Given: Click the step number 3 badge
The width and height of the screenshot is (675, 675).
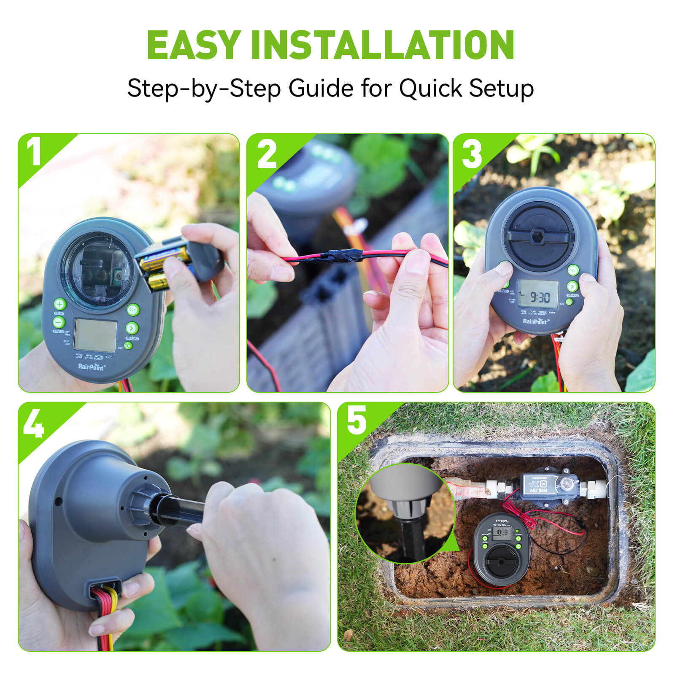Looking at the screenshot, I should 472,154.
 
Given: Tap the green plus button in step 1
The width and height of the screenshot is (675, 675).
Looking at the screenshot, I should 59,304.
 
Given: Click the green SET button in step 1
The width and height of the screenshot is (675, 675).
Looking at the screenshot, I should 133,310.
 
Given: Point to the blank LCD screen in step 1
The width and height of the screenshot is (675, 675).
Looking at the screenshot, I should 95,336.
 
